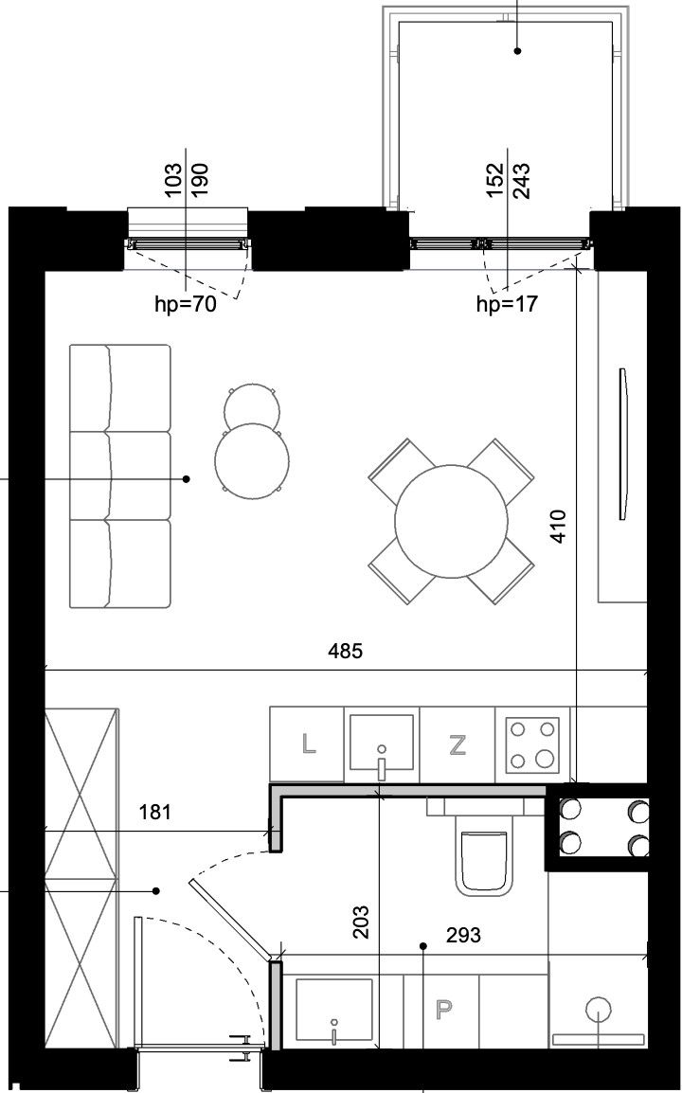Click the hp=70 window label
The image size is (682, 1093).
[186, 304]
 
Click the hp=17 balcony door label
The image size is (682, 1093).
[507, 304]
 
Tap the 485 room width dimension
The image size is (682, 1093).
[345, 651]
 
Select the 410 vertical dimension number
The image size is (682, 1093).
[560, 527]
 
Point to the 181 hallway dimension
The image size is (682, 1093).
[154, 812]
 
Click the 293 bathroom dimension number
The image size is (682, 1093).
[464, 935]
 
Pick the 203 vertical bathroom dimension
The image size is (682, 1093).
[361, 922]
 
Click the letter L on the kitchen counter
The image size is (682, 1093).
[308, 745]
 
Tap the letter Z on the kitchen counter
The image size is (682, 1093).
[458, 745]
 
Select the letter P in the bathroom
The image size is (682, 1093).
[442, 1010]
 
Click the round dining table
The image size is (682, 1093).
[451, 521]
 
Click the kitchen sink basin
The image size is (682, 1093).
[382, 743]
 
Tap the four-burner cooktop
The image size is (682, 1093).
[532, 745]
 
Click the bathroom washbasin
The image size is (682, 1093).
[334, 1010]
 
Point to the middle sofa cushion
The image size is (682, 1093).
[120, 475]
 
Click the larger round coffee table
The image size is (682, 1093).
[252, 461]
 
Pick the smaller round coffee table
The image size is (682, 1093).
[253, 405]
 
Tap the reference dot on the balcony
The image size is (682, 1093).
[517, 50]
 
